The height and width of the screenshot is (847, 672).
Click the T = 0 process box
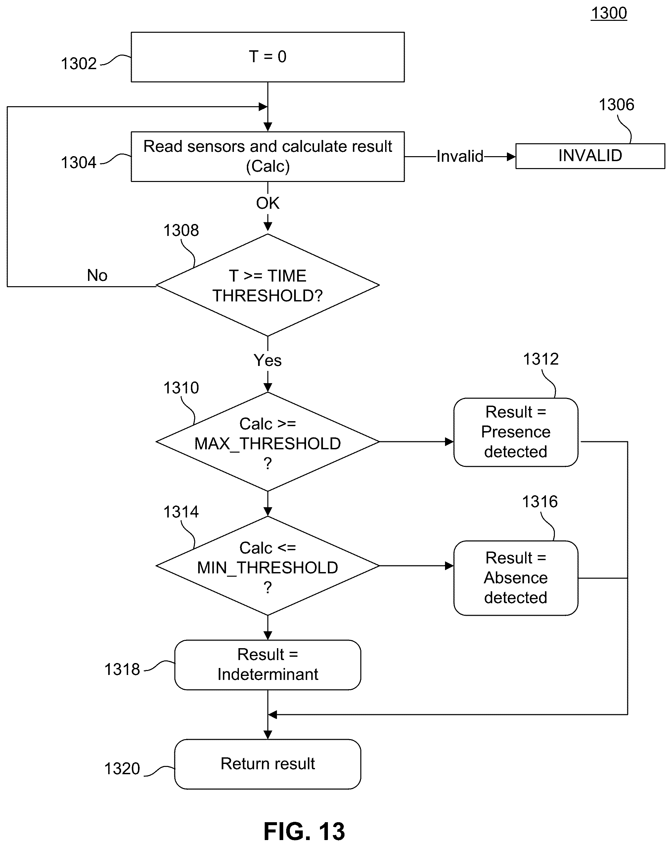pyautogui.click(x=268, y=57)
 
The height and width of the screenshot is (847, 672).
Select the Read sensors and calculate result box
pyautogui.click(x=268, y=156)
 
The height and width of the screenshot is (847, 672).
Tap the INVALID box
pyautogui.click(x=590, y=156)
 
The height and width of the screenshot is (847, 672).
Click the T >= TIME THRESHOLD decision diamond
pyautogui.click(x=268, y=285)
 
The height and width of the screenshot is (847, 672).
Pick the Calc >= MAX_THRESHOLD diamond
pyautogui.click(x=268, y=442)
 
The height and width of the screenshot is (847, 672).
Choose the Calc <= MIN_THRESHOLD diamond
pyautogui.click(x=268, y=566)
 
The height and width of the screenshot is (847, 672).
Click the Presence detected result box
pyautogui.click(x=515, y=432)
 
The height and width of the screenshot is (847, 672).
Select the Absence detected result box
pyautogui.click(x=515, y=578)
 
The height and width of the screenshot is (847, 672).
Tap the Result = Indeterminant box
pyautogui.click(x=268, y=665)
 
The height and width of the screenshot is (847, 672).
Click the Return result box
pyautogui.click(x=268, y=764)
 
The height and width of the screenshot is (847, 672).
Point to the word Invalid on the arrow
pyautogui.click(x=460, y=156)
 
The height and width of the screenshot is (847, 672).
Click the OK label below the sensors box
pyautogui.click(x=268, y=203)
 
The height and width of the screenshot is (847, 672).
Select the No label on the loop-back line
pyautogui.click(x=97, y=275)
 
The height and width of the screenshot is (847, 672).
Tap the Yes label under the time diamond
pyautogui.click(x=268, y=360)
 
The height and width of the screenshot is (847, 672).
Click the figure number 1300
pyautogui.click(x=609, y=13)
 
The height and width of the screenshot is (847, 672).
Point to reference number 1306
pyautogui.click(x=616, y=105)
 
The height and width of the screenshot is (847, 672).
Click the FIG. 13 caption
pyautogui.click(x=304, y=831)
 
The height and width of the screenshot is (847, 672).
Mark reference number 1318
pyautogui.click(x=122, y=669)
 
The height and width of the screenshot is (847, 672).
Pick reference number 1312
pyautogui.click(x=541, y=359)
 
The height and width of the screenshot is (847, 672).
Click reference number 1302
pyautogui.click(x=79, y=64)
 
